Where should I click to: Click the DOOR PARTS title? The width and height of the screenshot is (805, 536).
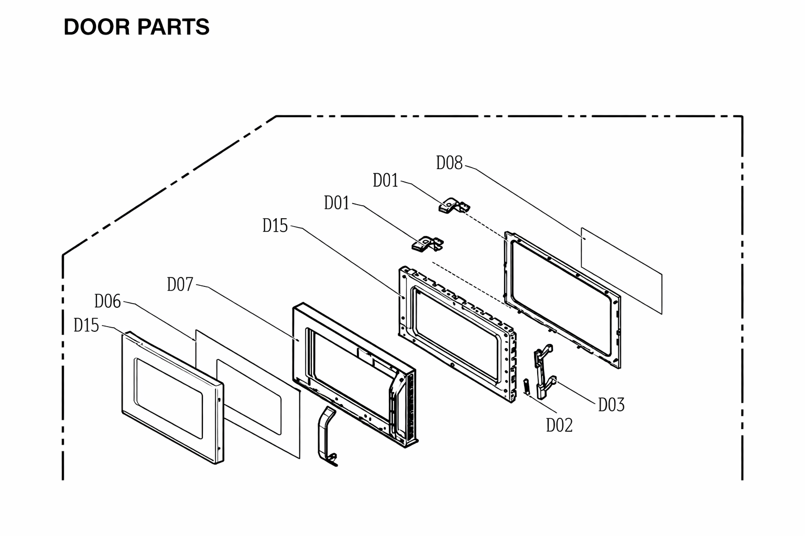coord(136,27)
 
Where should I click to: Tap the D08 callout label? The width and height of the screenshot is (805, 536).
coord(449,163)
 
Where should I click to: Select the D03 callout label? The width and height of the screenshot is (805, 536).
coord(611,405)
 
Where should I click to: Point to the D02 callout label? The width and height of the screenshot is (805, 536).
coord(559,425)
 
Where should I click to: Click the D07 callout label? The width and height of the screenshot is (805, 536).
coord(180,284)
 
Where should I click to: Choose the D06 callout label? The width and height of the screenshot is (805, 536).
coord(107,301)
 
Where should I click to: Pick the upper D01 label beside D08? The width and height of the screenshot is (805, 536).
coord(386,180)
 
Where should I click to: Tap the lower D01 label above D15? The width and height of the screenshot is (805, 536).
coord(337,203)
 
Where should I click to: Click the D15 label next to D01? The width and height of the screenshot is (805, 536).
coord(275,226)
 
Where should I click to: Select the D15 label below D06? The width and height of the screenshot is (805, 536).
coord(86,325)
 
